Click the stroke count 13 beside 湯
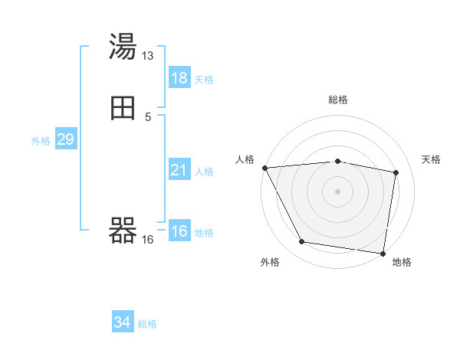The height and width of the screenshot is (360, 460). pos(148,56)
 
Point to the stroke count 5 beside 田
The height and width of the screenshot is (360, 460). pos(148,117)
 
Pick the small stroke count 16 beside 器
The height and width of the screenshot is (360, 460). pos(148,240)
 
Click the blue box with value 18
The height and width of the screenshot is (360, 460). pos(179,78)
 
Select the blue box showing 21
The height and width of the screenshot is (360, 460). pos(179,170)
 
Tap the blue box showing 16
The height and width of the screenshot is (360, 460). pos(179,231)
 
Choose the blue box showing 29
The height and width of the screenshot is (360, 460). pos(65,139)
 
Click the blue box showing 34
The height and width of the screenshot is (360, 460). pos(122,323)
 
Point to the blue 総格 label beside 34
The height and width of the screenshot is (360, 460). pos(147,324)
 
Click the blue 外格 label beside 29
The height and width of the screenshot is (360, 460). pos(40,140)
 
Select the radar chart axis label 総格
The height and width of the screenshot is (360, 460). pos(337,100)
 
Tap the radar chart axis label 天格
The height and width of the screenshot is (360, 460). pos(432,159)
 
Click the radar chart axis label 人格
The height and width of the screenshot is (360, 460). pos(245,159)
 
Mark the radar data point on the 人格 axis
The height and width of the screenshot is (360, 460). pos(264,168)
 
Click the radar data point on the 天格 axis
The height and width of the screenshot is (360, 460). pos(396,173)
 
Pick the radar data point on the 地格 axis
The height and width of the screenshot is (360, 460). pos(383,253)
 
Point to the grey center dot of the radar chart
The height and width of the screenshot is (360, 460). pos(337,191)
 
